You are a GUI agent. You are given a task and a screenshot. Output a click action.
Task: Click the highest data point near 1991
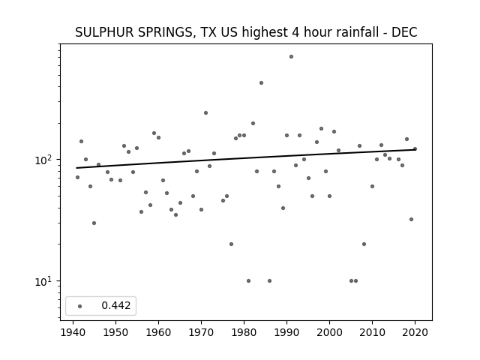(291, 57)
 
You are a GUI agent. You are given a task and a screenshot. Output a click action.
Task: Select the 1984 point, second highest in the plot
(261, 83)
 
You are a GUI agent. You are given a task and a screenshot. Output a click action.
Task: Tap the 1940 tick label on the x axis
(73, 332)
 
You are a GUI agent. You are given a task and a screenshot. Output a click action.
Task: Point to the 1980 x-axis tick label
(244, 332)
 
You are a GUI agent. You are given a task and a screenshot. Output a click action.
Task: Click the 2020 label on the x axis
(415, 332)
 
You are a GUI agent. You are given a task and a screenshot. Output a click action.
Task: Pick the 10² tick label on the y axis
(45, 160)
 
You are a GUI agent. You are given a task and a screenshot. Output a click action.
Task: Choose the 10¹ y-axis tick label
(45, 281)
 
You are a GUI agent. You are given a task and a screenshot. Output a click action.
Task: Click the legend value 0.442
(116, 305)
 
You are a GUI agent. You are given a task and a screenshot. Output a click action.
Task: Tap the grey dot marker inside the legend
(80, 306)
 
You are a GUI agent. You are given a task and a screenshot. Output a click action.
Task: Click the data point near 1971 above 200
(205, 113)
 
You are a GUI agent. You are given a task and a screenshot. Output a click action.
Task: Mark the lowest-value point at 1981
(248, 281)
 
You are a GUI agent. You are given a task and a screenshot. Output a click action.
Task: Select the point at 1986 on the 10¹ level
(269, 281)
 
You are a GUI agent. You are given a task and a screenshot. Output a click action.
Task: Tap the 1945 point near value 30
(94, 223)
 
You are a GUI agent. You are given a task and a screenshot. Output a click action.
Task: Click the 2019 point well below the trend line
(411, 220)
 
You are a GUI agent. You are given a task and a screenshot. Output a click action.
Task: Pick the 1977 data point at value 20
(231, 244)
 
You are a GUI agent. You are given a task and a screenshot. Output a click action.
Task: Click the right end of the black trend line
(415, 150)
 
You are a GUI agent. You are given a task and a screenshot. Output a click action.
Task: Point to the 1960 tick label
(158, 332)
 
